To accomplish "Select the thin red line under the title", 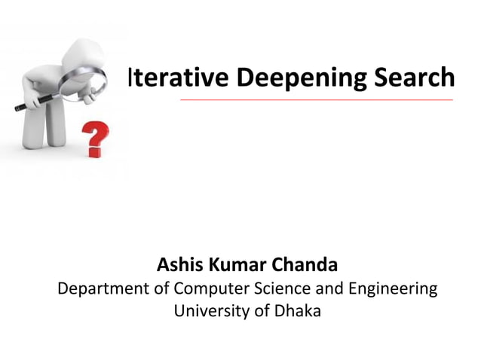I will click(317, 99).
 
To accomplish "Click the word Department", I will click(106, 288).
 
